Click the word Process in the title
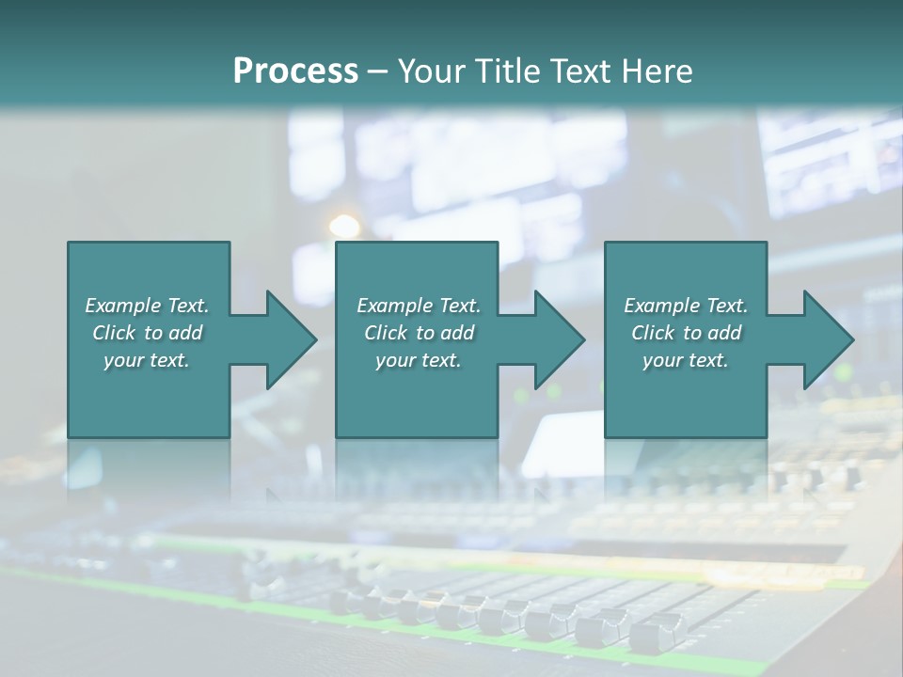point(295,71)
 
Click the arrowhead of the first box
point(290,339)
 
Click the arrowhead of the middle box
point(559,339)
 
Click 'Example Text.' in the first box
point(147,306)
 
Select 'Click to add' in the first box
point(147,333)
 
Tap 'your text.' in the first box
point(147,360)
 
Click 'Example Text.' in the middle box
point(419,306)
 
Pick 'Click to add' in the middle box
point(419,333)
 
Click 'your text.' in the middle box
point(419,360)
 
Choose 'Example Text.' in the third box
point(686,306)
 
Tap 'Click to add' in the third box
point(686,333)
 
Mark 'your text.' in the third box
point(686,360)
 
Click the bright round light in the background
point(344,227)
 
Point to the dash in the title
point(377,71)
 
